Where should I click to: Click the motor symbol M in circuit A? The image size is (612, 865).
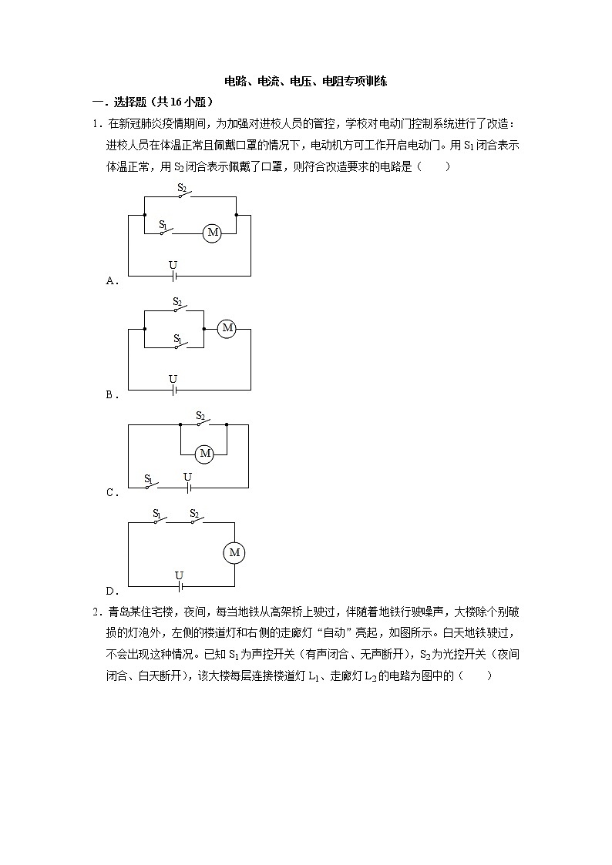tap(212, 232)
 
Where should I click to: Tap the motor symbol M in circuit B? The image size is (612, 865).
tap(227, 328)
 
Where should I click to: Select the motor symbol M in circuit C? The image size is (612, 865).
tap(204, 454)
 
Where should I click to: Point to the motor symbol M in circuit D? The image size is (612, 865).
tap(235, 552)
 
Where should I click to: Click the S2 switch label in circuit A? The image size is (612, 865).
tap(182, 187)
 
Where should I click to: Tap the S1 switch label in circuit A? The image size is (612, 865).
tap(163, 224)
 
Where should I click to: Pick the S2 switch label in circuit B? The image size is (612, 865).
tap(177, 302)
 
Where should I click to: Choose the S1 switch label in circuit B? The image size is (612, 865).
tap(177, 338)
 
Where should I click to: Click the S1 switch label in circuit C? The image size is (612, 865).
tap(149, 478)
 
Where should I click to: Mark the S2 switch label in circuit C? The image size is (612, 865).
tap(200, 415)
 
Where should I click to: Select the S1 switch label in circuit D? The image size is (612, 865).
tap(157, 513)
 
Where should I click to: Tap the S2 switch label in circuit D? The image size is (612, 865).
tap(194, 513)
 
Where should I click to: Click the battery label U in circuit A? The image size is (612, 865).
tap(173, 265)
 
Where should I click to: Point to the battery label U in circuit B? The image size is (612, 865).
tap(173, 379)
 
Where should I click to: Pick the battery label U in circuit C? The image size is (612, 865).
tap(187, 477)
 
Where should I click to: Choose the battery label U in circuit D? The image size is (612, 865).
tap(179, 575)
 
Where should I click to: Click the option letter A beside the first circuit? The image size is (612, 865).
tap(110, 281)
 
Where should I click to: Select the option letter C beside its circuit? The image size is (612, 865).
tap(110, 493)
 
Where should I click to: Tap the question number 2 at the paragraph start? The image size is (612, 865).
tap(95, 612)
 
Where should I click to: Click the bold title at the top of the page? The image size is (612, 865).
tap(305, 81)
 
